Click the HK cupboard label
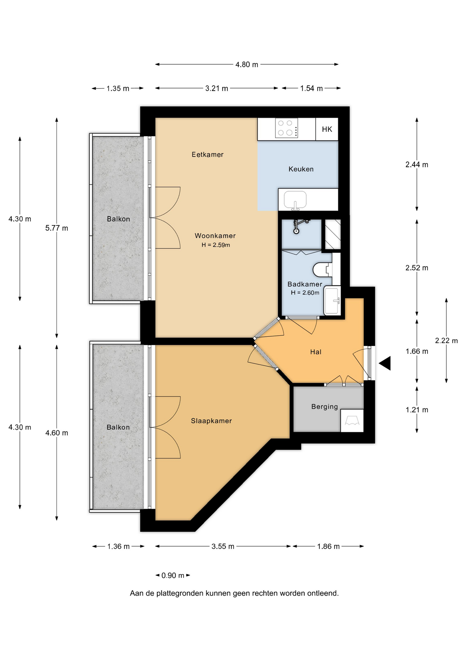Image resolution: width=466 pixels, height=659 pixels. point(327,129)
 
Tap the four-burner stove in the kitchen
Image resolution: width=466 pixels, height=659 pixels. point(286,128)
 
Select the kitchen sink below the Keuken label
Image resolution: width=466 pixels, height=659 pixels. point(295,200)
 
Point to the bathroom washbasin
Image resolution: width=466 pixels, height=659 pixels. point(332,301)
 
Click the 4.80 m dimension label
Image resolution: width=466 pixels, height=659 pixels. point(247,65)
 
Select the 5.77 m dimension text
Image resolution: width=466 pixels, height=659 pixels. point(57,228)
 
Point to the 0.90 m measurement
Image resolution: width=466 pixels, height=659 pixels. point(173,575)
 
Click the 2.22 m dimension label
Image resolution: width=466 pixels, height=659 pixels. point(446,340)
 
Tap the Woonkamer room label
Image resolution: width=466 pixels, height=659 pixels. point(215,235)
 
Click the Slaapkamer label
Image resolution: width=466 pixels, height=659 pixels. point(211,421)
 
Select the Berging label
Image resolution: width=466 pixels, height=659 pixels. point(325,407)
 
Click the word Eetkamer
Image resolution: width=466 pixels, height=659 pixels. point(208,154)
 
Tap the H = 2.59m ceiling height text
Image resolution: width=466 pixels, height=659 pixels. point(216,245)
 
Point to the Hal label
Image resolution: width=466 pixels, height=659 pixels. point(316,352)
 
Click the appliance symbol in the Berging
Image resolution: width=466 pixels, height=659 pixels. point(352,420)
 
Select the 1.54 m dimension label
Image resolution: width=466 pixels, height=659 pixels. point(312,89)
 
